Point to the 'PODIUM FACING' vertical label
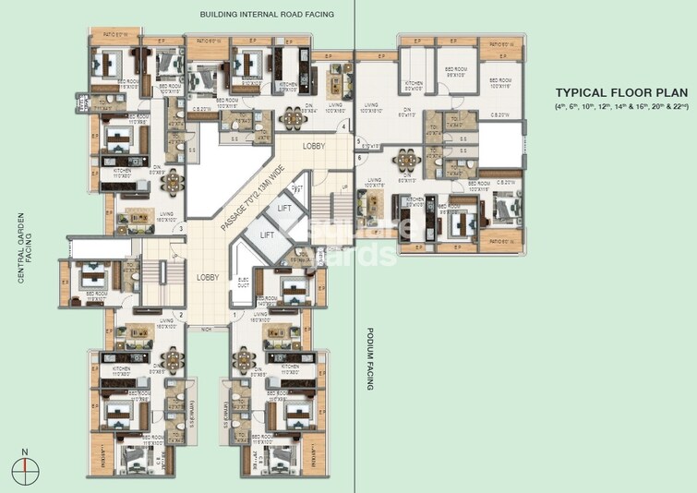pyautogui.click(x=369, y=358)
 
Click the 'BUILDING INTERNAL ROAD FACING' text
pyautogui.click(x=266, y=15)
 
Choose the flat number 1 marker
pyautogui.click(x=235, y=316)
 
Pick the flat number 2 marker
pyautogui.click(x=181, y=316)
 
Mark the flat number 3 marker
pyautogui.click(x=181, y=229)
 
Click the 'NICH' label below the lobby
pyautogui.click(x=207, y=327)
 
